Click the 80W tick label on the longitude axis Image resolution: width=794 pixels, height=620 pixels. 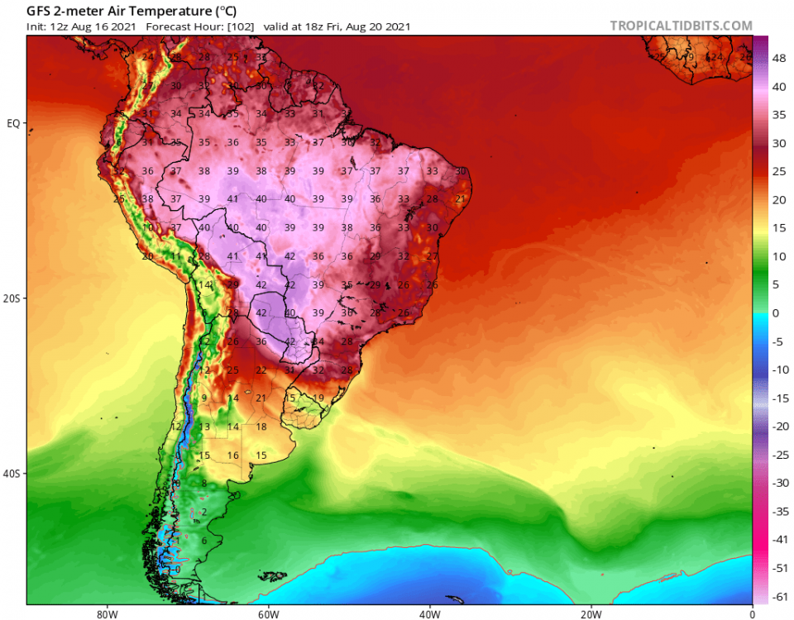(103, 614)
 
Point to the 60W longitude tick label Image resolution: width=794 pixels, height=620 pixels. (266, 614)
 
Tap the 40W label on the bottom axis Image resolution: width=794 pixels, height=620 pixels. (428, 614)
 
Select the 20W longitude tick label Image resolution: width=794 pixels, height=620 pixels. (591, 614)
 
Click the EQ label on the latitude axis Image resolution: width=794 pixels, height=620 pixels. (13, 123)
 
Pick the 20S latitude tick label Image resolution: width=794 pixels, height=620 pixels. (12, 298)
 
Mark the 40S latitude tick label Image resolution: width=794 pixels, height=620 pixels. (12, 474)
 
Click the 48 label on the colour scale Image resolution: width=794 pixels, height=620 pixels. (779, 60)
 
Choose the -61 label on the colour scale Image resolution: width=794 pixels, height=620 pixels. (780, 596)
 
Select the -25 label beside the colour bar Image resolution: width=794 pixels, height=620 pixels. (780, 455)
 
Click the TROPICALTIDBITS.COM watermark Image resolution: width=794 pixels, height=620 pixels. (682, 26)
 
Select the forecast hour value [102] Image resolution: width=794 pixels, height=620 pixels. (240, 26)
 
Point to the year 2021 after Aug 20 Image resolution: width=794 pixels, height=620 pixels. (395, 26)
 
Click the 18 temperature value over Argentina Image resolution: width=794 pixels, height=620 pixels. (261, 427)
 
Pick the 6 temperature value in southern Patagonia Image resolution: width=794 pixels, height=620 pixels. (203, 541)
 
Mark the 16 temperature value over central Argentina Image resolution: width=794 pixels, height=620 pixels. (233, 455)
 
